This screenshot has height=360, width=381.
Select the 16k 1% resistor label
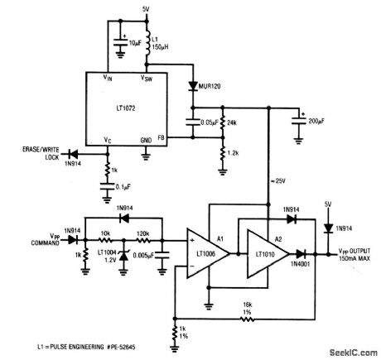click(247, 309)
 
